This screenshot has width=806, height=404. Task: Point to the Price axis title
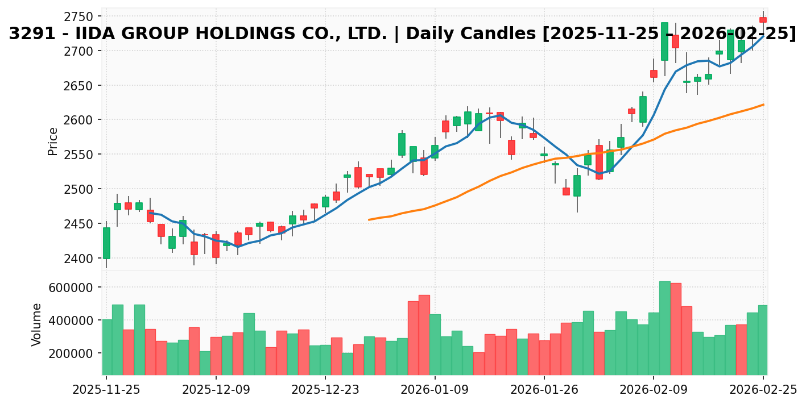coord(53,141)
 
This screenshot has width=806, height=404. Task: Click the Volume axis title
coord(37,324)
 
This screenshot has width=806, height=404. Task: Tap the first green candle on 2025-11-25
coord(106,243)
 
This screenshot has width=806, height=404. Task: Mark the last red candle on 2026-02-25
coord(763,20)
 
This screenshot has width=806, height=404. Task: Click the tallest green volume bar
coord(664,328)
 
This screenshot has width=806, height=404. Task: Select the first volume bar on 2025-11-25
coord(106,347)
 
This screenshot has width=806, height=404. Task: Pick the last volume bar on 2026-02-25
coord(763,340)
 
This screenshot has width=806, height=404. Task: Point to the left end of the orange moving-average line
coord(369,219)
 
